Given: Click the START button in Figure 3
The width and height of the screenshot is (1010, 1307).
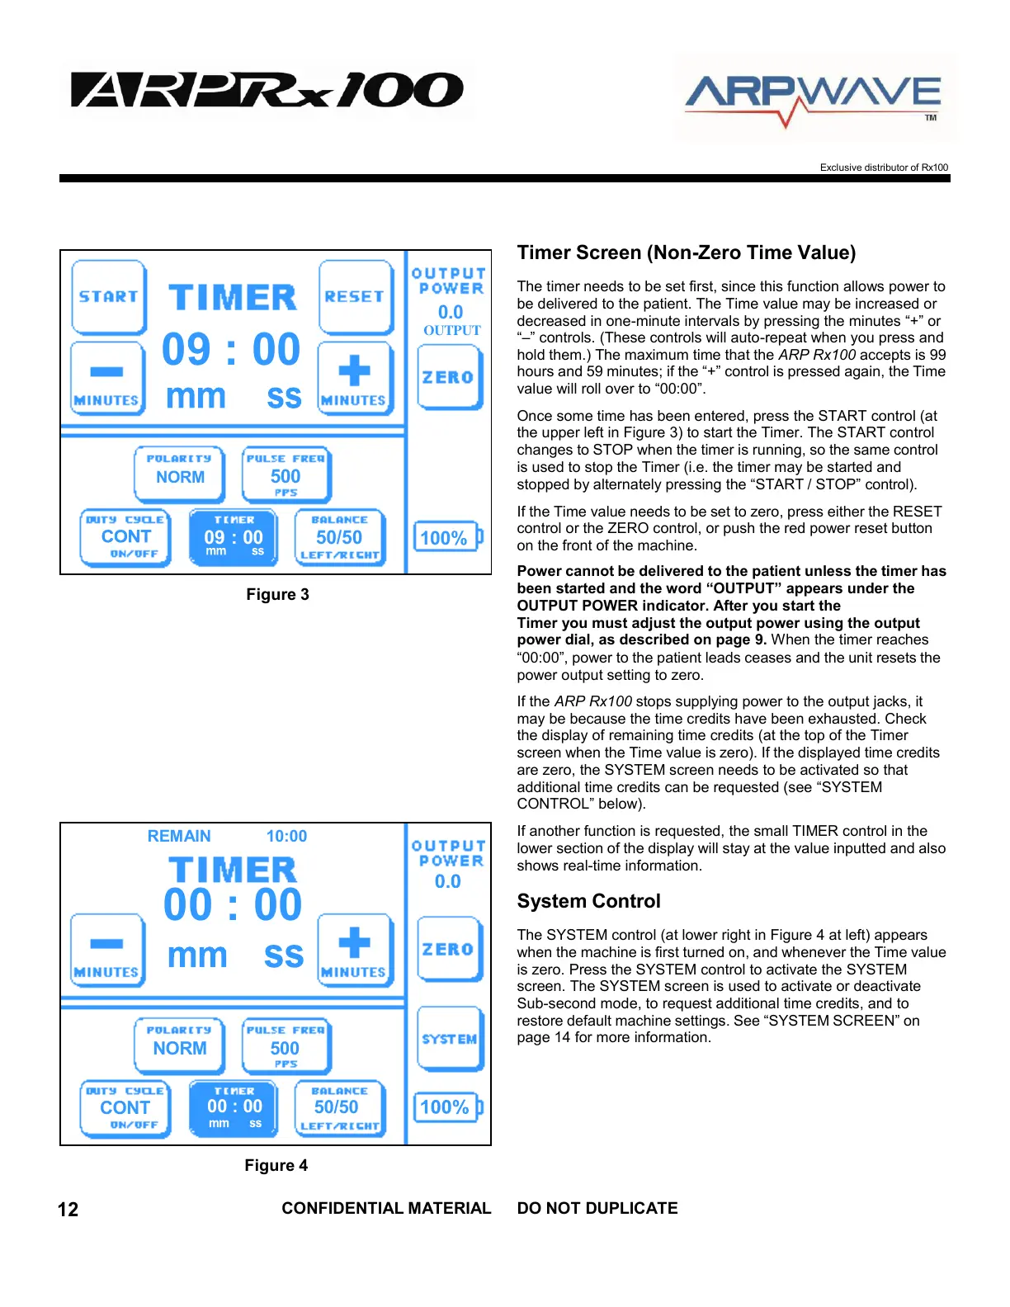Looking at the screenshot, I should [109, 297].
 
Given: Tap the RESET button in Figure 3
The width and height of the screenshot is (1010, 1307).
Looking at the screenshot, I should [355, 297].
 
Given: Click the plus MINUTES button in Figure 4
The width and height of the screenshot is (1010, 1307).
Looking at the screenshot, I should [354, 950].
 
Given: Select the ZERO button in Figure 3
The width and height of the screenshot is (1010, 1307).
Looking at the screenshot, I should [449, 377].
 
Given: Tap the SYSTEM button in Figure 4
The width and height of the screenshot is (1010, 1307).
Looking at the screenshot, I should [449, 1039].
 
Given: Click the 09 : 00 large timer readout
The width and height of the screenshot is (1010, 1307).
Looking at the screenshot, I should [231, 350].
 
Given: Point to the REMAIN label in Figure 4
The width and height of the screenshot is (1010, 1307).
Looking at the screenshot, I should [179, 836].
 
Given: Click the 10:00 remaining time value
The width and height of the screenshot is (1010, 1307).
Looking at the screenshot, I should [286, 836].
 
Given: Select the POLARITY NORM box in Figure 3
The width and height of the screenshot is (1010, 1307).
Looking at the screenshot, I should [179, 474].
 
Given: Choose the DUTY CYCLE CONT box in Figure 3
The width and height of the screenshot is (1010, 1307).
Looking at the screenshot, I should [125, 537].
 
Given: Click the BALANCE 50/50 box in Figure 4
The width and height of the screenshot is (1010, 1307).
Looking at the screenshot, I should [339, 1108].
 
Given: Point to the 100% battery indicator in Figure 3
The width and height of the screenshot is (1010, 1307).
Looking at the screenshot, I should [446, 538].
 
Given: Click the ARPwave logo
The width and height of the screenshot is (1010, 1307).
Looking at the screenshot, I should [814, 97].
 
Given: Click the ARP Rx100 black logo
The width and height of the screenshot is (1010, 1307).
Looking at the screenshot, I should [267, 91].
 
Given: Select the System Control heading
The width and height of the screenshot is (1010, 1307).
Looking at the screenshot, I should [588, 901].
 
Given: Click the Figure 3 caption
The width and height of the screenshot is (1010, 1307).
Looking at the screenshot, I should [277, 594].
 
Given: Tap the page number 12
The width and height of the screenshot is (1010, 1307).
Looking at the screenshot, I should [68, 1210].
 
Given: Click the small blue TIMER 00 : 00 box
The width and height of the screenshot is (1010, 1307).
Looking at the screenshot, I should [234, 1108].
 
